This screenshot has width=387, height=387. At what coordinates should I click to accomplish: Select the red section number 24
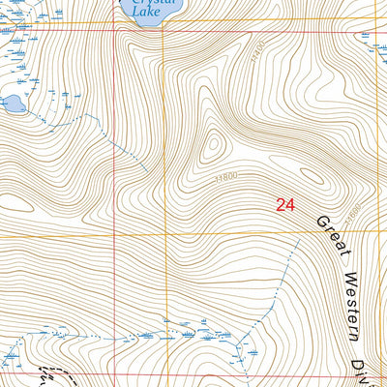click(x=283, y=204)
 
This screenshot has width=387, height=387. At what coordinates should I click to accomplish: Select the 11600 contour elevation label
click(x=354, y=206)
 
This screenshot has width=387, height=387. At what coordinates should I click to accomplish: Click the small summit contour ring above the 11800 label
click(x=212, y=146)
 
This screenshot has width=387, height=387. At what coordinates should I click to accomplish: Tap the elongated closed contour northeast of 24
click(x=312, y=177)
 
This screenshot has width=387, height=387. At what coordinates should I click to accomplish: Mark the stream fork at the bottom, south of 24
click(x=248, y=334)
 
